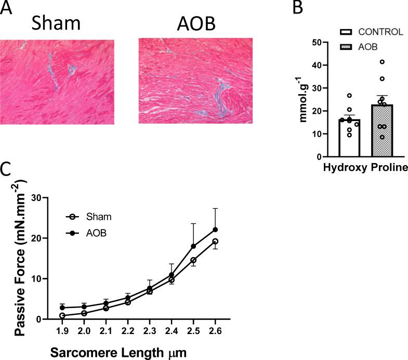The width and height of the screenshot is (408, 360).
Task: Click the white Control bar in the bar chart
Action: [350, 138]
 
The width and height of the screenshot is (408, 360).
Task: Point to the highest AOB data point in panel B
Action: [382, 62]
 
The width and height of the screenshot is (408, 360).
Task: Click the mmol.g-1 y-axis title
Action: [302, 99]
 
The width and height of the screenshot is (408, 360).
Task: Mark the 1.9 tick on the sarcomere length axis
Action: [62, 330]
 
